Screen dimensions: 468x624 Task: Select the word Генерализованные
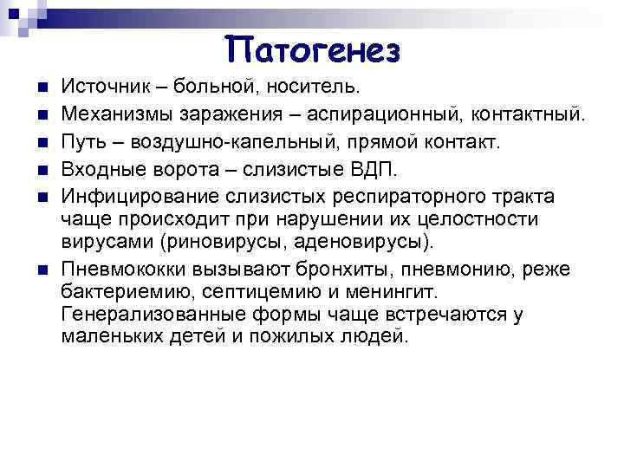(x=144, y=313)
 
